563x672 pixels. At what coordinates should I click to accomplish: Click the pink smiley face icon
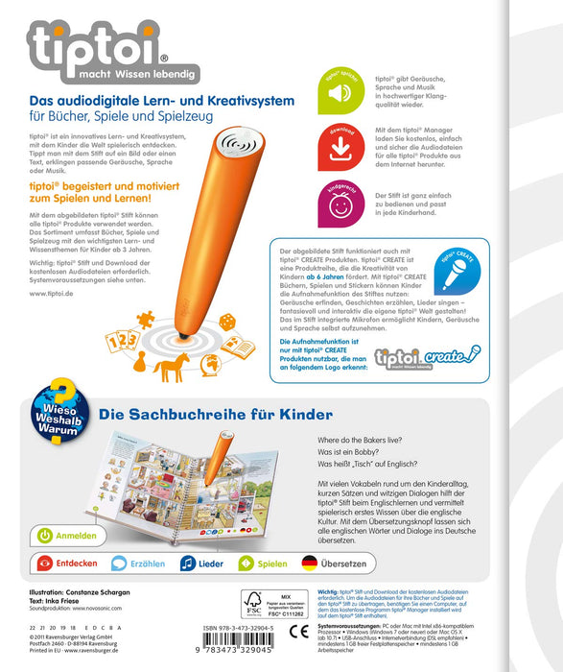tap(341, 204)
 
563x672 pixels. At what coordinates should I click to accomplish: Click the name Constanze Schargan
tap(101, 594)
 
